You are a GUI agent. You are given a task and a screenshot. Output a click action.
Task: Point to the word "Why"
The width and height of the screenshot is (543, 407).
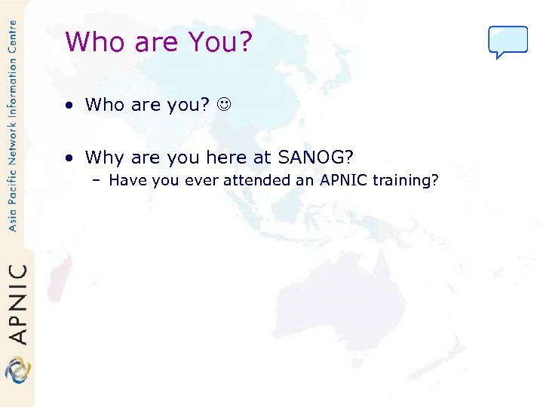(104, 157)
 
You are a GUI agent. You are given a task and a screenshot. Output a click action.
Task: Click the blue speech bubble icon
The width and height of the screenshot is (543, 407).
(508, 41)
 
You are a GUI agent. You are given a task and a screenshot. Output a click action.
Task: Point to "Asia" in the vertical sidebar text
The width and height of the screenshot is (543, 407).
(12, 219)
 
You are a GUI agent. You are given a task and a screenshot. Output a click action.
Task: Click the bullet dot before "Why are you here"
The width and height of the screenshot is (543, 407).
(69, 158)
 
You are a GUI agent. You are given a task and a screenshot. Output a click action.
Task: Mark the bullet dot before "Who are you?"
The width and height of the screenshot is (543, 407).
(69, 105)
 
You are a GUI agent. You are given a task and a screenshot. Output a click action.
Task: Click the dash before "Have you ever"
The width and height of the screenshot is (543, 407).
(98, 180)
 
